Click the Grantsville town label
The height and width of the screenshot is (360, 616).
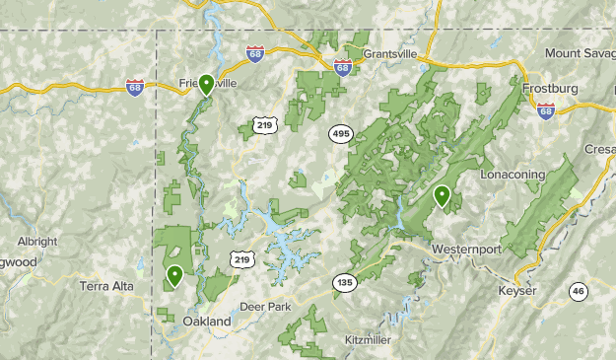391,52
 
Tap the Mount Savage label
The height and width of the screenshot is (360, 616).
581,52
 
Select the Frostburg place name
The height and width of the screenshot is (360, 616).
552,88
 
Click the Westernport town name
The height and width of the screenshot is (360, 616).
466,249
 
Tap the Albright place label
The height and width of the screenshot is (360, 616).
37,242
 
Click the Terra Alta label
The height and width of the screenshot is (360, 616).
106,286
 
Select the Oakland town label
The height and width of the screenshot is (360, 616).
207,322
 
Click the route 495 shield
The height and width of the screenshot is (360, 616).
341,133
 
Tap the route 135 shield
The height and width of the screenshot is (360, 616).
343,282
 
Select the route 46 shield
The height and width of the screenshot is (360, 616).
579,290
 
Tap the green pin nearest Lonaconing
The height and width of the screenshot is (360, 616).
443,196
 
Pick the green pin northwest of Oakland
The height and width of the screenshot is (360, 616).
174,276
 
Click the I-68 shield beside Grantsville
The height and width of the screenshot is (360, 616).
343,67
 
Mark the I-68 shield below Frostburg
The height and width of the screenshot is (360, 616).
546,109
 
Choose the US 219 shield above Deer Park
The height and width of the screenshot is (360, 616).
244,258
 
